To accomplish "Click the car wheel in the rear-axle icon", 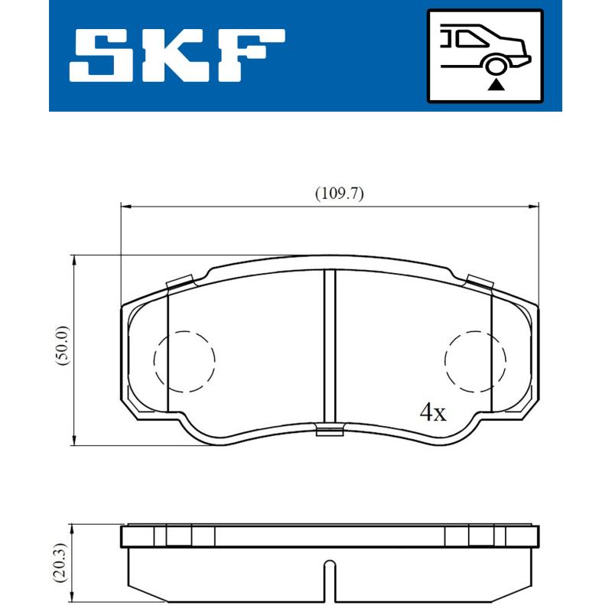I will click(x=496, y=64).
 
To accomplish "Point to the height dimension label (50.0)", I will click(x=63, y=349).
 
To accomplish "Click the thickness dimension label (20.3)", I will click(x=63, y=563).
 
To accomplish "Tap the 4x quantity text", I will click(x=432, y=414).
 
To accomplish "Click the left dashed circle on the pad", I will click(x=184, y=361).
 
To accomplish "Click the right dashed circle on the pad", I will click(x=476, y=361).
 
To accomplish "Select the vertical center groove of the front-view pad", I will click(x=330, y=348).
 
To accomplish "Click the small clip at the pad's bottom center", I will click(x=330, y=432).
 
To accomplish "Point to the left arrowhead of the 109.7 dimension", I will click(x=127, y=205).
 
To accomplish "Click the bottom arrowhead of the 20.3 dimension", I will click(x=73, y=598).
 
